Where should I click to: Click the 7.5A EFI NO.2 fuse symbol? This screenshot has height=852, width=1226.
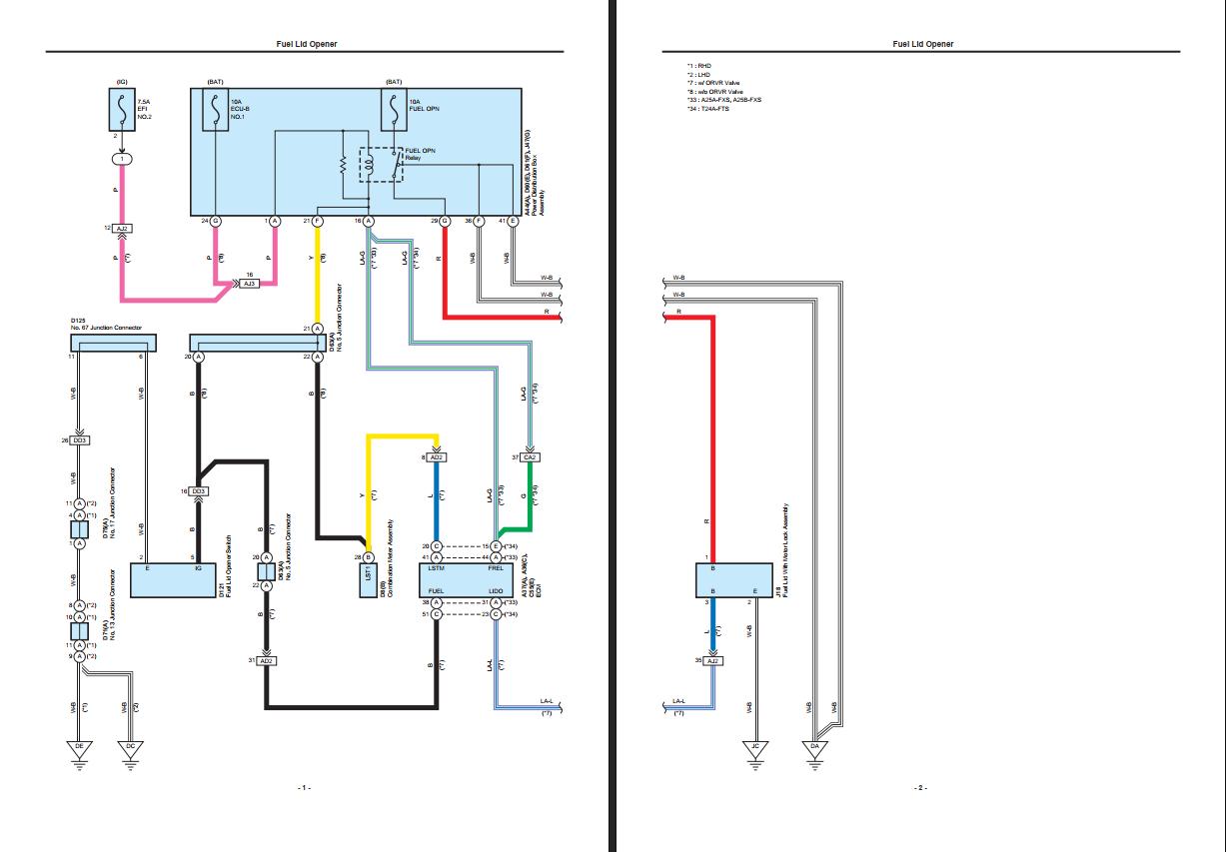pyautogui.click(x=123, y=109)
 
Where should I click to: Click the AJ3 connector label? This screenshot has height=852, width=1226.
pyautogui.click(x=251, y=284)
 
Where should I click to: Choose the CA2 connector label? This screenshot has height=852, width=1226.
pyautogui.click(x=530, y=457)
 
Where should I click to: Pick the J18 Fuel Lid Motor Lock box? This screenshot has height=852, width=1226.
pyautogui.click(x=733, y=578)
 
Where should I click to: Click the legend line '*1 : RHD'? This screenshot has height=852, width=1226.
pyautogui.click(x=698, y=64)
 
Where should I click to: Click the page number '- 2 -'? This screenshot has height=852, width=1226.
pyautogui.click(x=920, y=788)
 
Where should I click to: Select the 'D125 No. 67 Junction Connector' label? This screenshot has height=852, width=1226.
pyautogui.click(x=100, y=325)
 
